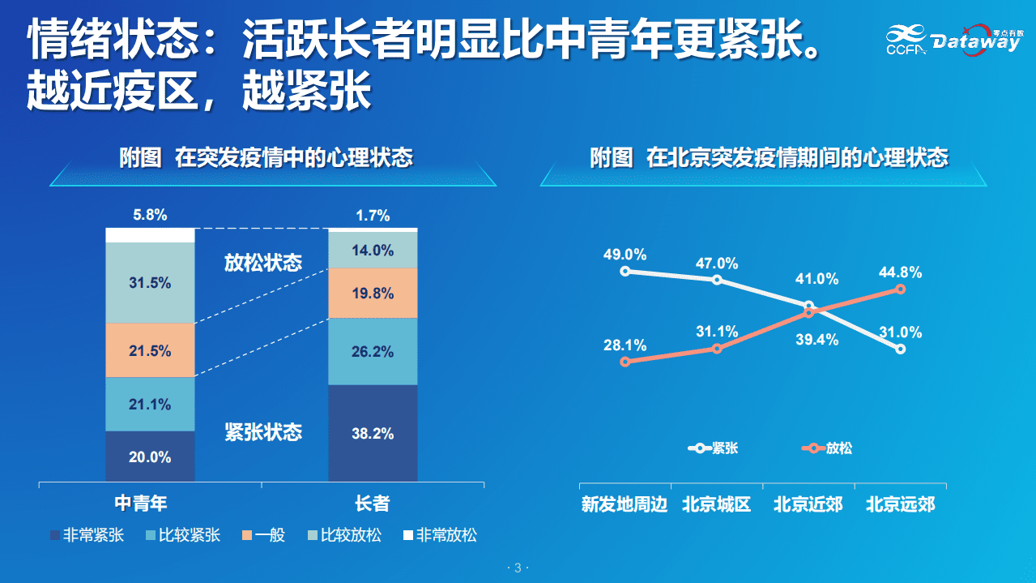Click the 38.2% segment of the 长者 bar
click(373, 434)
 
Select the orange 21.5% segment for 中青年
click(150, 351)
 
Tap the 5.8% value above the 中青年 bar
click(150, 215)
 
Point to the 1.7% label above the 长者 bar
click(373, 216)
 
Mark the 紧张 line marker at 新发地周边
click(625, 272)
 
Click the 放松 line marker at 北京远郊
click(900, 289)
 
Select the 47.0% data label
click(717, 264)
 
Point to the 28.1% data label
click(625, 345)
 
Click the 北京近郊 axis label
click(808, 504)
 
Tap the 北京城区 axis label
click(717, 504)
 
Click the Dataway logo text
click(974, 42)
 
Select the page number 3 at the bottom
click(518, 568)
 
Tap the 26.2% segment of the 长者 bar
click(373, 352)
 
